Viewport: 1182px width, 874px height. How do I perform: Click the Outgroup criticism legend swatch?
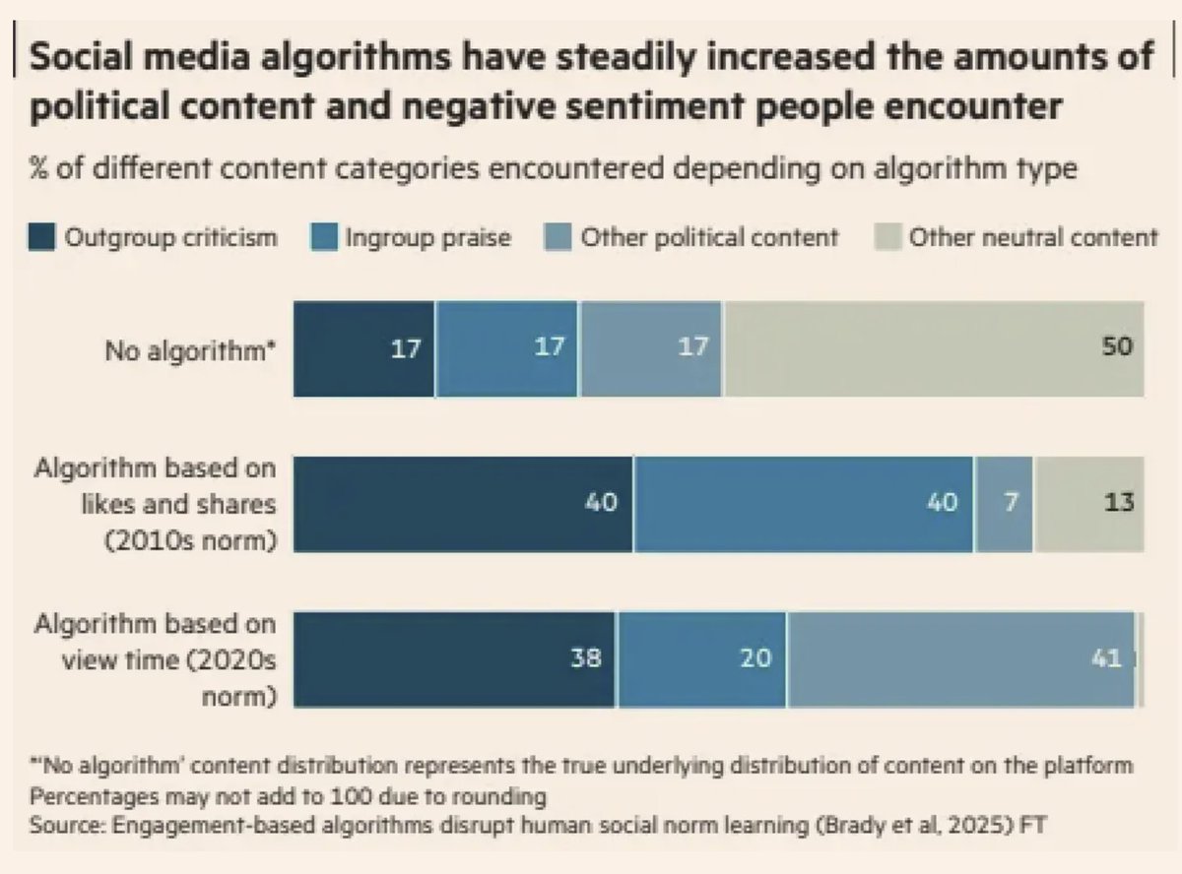[41, 238]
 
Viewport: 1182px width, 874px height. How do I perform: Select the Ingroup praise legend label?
[427, 238]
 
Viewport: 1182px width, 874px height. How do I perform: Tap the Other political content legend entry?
[707, 238]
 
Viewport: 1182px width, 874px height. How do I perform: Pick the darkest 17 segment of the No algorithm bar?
[363, 347]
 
